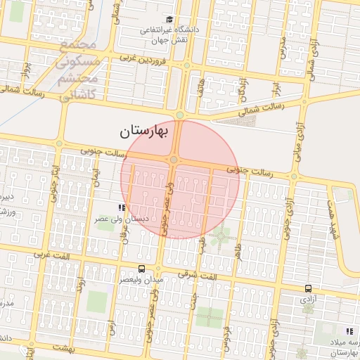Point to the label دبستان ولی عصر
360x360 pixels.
coord(122,219)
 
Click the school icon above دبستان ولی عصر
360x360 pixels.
coord(122,208)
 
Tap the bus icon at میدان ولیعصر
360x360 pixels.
coord(142,269)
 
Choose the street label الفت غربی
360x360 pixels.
coord(55,257)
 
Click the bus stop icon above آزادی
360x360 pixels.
coord(308,288)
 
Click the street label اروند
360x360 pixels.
coord(82,285)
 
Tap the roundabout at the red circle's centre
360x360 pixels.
coord(173,161)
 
